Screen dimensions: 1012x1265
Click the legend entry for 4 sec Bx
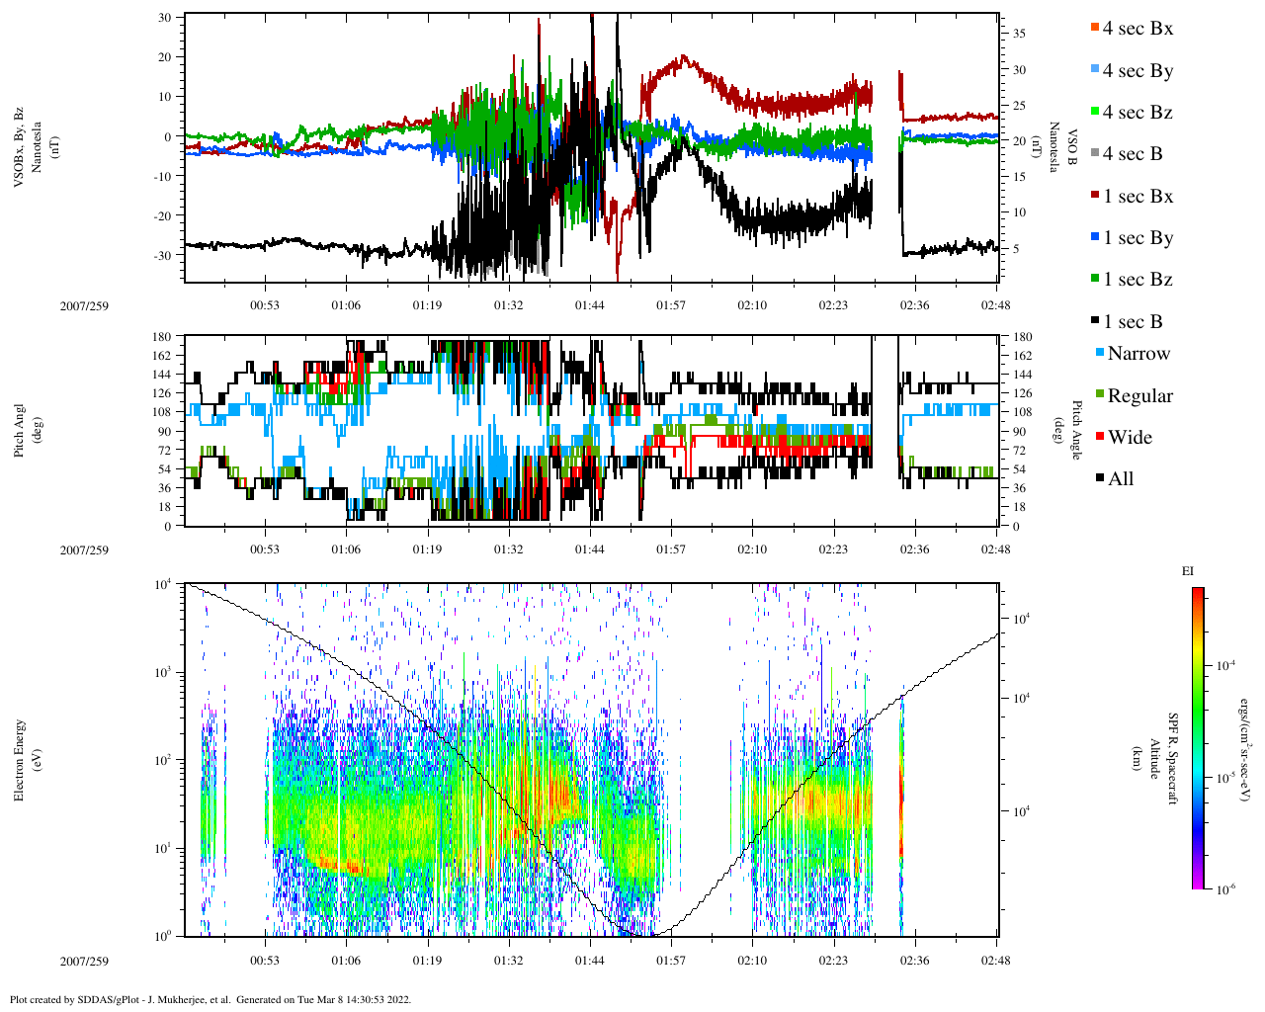[x=1137, y=29]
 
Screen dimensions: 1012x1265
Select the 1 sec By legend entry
[x=1137, y=238]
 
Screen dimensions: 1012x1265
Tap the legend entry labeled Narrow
[x=1138, y=354]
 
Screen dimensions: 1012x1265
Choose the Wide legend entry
[x=1129, y=438]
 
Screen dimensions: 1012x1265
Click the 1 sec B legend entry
[x=1132, y=322]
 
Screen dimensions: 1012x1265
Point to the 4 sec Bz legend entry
[x=1137, y=113]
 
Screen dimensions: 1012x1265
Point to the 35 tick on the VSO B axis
[x=1019, y=34]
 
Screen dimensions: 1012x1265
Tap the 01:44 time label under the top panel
[x=590, y=305]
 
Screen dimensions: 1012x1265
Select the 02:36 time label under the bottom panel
[x=914, y=960]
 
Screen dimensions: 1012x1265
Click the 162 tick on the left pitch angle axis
[x=162, y=356]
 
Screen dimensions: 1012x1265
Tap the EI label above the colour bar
[x=1187, y=571]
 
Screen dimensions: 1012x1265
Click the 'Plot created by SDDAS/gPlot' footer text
[x=210, y=999]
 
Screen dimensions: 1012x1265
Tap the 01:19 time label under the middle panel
[x=427, y=549]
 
